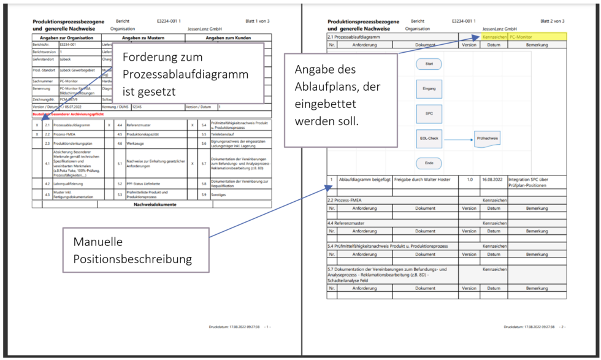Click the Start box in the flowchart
(429, 64)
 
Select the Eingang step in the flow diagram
(429, 88)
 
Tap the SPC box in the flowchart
(429, 113)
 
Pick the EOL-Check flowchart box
(429, 139)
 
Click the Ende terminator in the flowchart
(429, 163)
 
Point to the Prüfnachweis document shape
(488, 139)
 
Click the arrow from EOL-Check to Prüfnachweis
(457, 139)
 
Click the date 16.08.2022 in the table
(493, 180)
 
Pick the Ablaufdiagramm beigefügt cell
(364, 180)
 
